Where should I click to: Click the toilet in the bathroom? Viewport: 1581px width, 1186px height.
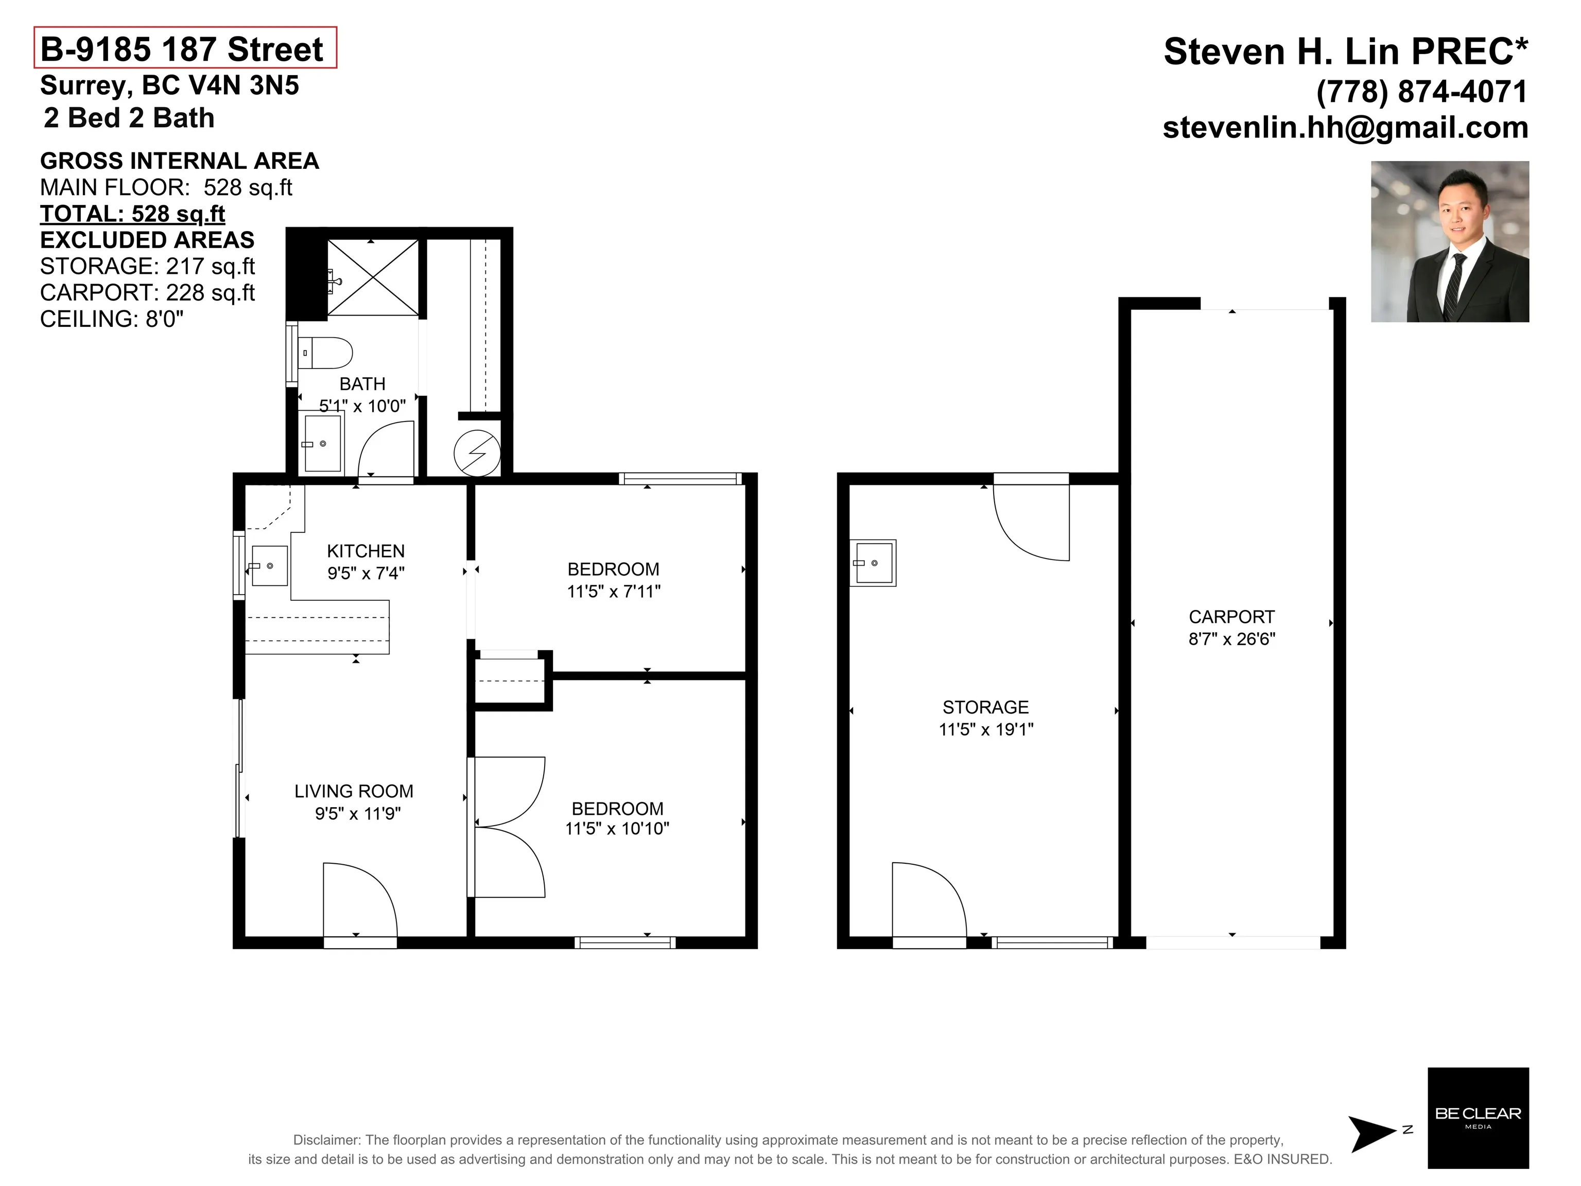click(325, 352)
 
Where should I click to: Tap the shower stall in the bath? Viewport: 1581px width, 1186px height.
click(372, 277)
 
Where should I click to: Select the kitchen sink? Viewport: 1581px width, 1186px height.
click(269, 566)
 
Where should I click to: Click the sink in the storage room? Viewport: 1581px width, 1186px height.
click(873, 563)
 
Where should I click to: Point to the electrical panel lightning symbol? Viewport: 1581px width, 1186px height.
click(477, 453)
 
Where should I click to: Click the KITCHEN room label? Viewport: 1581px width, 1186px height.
click(366, 551)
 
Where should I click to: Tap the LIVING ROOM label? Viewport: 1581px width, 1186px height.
click(354, 791)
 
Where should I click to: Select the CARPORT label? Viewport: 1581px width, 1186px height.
click(1231, 617)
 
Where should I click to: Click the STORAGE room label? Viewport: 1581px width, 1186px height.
click(986, 707)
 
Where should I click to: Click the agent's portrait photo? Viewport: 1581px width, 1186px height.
click(1450, 241)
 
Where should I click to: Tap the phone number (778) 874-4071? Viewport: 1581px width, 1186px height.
click(1421, 92)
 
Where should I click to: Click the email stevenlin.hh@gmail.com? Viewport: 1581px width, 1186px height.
click(1346, 127)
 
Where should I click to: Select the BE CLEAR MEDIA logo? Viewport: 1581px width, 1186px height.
click(1478, 1118)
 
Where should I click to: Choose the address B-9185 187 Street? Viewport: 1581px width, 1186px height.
click(182, 49)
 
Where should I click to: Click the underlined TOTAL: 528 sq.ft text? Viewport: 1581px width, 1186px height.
click(133, 214)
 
